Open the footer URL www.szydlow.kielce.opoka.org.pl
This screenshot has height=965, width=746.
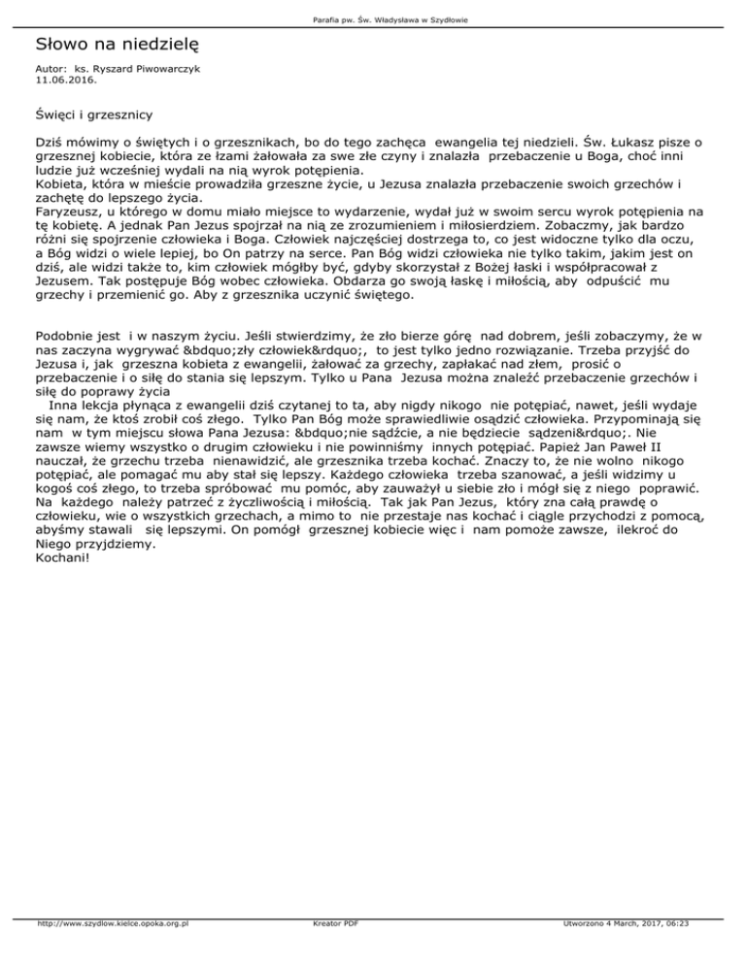click(x=111, y=952)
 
